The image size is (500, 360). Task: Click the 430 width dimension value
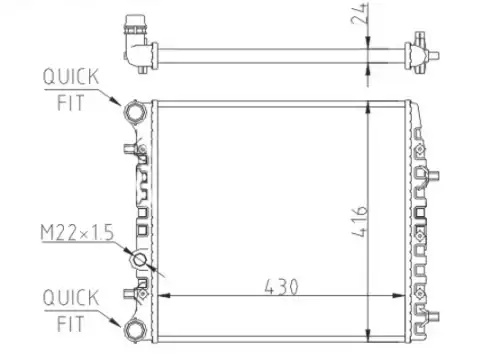[x=281, y=287]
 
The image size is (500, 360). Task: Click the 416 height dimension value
[x=360, y=221]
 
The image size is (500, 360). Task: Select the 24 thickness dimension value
[x=359, y=14]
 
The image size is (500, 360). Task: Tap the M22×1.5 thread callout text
[x=77, y=232]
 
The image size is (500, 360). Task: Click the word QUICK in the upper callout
[x=71, y=76]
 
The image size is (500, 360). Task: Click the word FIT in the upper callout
[x=70, y=103]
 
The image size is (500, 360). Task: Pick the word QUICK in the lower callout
[x=71, y=297]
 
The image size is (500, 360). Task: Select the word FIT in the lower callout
[x=70, y=324]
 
